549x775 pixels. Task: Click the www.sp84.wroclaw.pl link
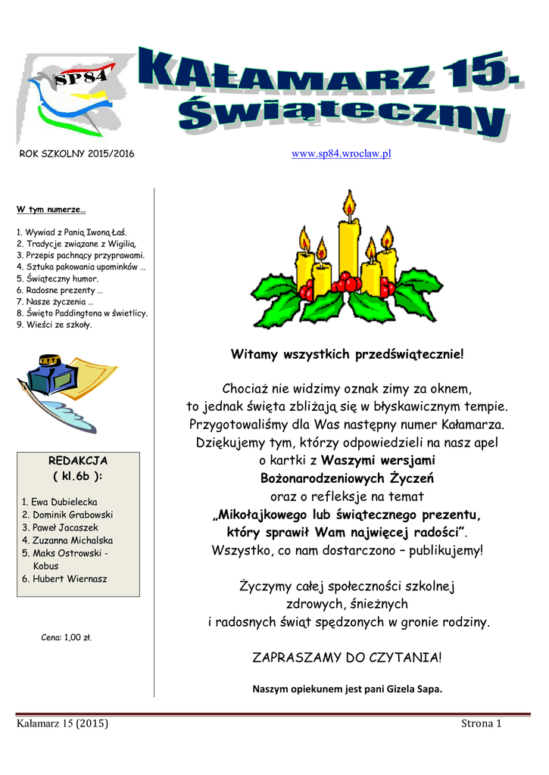click(x=341, y=154)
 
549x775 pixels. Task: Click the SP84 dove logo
click(x=72, y=95)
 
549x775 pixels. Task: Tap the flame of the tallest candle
click(x=349, y=203)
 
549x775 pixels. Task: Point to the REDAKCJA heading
click(x=78, y=460)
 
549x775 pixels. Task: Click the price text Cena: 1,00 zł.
click(x=66, y=637)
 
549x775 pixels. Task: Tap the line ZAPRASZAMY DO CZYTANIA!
click(x=345, y=658)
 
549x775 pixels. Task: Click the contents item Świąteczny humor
click(x=58, y=279)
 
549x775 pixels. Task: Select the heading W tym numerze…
click(x=51, y=209)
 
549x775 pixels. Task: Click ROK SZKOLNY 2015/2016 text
click(x=76, y=154)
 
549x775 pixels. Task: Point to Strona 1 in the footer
click(x=482, y=724)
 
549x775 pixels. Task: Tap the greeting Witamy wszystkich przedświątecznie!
click(x=345, y=354)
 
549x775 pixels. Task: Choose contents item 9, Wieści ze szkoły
click(x=54, y=325)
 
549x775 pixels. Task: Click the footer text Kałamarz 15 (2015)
click(x=63, y=724)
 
